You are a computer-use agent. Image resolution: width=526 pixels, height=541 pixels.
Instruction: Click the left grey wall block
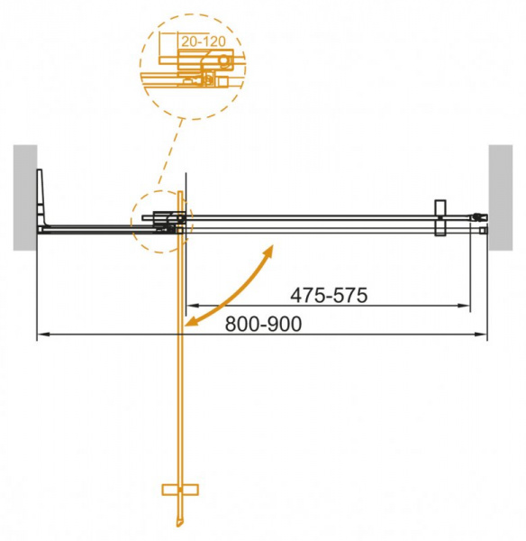(x=24, y=196)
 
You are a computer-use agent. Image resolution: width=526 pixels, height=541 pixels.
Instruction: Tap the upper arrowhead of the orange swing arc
(x=271, y=248)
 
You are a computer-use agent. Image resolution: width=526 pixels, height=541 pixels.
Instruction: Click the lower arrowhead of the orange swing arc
(x=190, y=320)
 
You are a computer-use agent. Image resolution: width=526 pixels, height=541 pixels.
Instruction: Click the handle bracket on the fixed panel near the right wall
(x=439, y=218)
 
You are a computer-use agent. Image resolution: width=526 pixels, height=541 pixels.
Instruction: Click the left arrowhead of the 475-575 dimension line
(x=190, y=306)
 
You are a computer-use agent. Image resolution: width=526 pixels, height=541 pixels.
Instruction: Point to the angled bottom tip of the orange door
(x=178, y=526)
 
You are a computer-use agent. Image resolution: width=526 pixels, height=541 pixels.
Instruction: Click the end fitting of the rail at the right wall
(x=480, y=216)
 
